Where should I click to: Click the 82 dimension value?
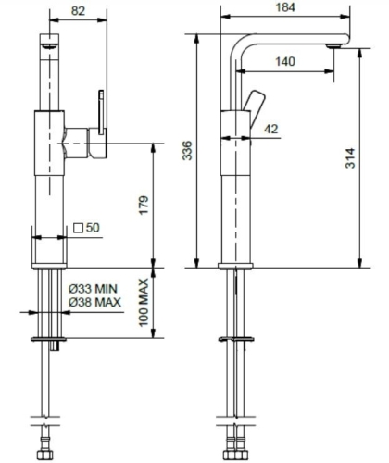[x=78, y=11]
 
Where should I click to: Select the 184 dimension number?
[x=285, y=7]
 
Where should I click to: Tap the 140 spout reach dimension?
[x=285, y=61]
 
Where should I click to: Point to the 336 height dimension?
[x=187, y=151]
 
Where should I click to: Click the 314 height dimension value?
[x=350, y=158]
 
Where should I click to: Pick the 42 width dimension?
[x=271, y=129]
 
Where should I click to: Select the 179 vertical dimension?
[x=144, y=206]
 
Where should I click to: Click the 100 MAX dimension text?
[x=144, y=303]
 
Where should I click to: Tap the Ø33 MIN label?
[x=93, y=289]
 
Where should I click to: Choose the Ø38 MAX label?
[x=94, y=302]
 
